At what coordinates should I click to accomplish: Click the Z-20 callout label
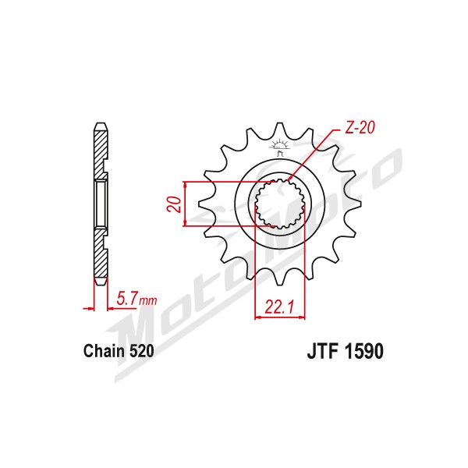pyautogui.click(x=360, y=128)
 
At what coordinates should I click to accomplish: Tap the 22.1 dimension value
pyautogui.click(x=279, y=307)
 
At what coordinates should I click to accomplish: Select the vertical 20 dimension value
pyautogui.click(x=174, y=204)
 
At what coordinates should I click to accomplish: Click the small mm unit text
pyautogui.click(x=147, y=301)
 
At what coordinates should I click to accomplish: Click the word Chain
pyautogui.click(x=104, y=351)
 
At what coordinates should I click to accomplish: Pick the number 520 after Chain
pyautogui.click(x=141, y=351)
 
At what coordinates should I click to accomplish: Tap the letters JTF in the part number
pyautogui.click(x=324, y=351)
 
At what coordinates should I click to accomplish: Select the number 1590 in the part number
pyautogui.click(x=363, y=351)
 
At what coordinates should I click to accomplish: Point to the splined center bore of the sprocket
pyautogui.click(x=280, y=204)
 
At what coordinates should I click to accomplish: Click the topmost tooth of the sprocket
pyautogui.click(x=280, y=129)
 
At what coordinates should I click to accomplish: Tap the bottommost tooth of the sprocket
pyautogui.click(x=280, y=278)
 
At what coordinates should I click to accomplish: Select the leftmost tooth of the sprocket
pyautogui.click(x=206, y=204)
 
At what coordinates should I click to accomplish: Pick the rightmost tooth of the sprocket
pyautogui.click(x=353, y=204)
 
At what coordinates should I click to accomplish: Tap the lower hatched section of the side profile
pyautogui.click(x=101, y=255)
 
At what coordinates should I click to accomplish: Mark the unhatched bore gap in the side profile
pyautogui.click(x=101, y=204)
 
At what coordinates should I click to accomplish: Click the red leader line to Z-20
pyautogui.click(x=314, y=155)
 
